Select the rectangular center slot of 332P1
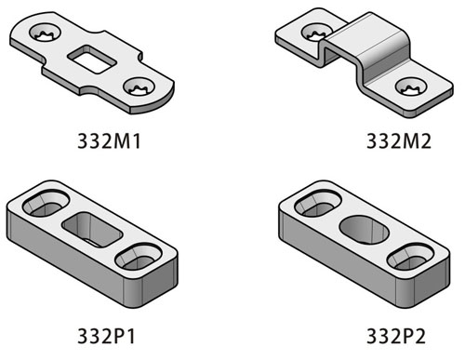[x=91, y=228]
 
